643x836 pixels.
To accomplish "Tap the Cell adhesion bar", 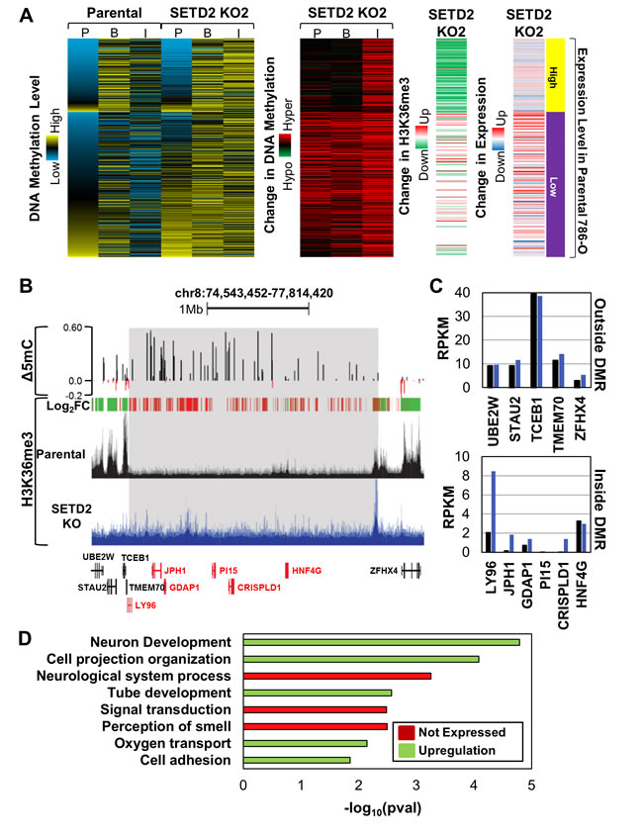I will pos(297,760).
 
